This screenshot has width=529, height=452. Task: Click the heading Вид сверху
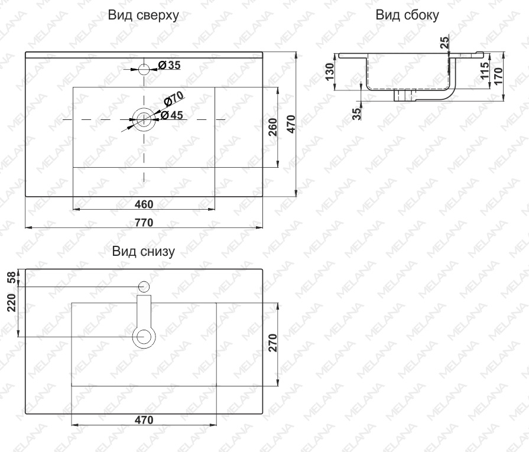coord(144,15)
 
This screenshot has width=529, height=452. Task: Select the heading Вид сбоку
coord(407,15)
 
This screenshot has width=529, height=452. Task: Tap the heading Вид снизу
coord(144,251)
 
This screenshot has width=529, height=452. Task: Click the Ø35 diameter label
coord(170,65)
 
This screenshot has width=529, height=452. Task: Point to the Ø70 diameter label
coord(173,98)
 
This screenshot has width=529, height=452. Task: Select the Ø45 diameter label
coord(172,115)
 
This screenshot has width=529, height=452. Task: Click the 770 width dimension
coord(144,223)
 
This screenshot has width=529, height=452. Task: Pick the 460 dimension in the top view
coord(144,204)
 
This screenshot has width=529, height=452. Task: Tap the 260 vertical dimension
coord(272,127)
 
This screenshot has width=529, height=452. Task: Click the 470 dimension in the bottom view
coord(144,420)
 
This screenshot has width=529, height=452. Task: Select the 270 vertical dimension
coord(272,343)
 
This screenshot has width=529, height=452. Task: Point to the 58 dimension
coord(11,278)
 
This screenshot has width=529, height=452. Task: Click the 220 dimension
coord(11,303)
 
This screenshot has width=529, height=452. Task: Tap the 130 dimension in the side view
coord(329,71)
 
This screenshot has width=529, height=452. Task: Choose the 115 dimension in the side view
coord(485,70)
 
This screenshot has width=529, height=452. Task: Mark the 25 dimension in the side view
coord(445,42)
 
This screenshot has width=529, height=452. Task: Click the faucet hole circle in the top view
coord(144,69)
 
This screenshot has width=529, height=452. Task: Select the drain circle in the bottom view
coord(144,337)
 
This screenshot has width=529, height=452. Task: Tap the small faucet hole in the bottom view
coord(144,287)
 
